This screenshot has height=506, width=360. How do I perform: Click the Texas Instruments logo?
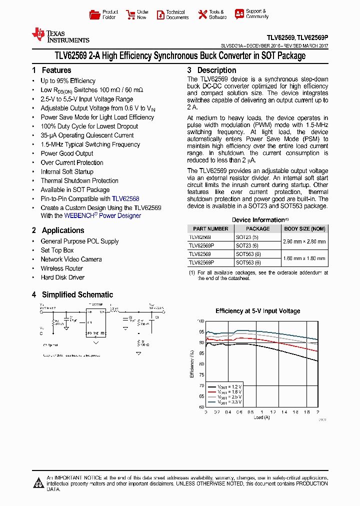pos(60,35)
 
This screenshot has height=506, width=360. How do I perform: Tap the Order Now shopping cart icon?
pos(130,14)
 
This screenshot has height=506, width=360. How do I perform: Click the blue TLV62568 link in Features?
pos(125,198)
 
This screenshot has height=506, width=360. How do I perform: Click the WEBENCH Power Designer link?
pos(102,216)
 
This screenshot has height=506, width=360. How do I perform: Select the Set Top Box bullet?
pos(57,250)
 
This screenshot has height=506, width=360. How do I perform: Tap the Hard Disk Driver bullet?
pos(62,277)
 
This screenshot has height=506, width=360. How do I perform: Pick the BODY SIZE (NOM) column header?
pos(304,228)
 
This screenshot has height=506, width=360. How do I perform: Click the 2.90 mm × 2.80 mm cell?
pos(304,241)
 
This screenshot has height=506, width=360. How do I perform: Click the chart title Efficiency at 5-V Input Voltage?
pos(257,311)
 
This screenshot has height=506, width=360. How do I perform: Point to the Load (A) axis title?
pos(261,417)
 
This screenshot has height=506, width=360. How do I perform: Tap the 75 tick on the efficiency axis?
pos(201,375)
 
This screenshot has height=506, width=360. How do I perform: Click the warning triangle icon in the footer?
pos(38,483)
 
